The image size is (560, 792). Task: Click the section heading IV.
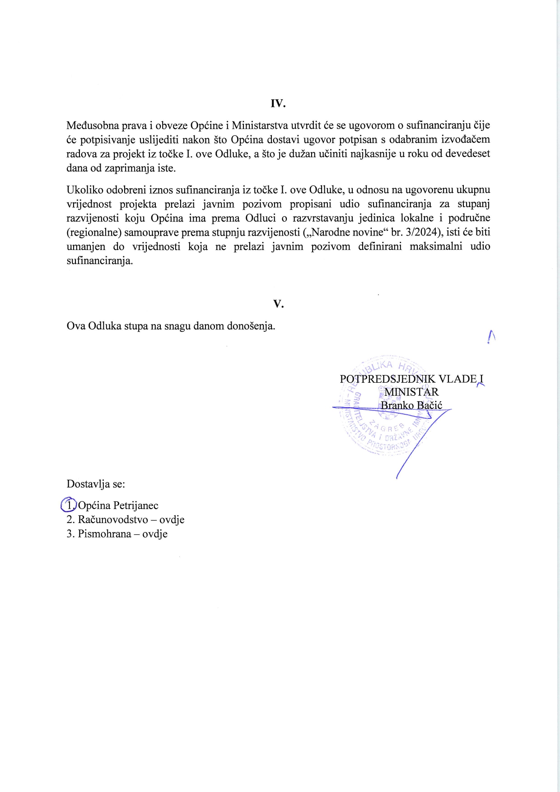pos(278,103)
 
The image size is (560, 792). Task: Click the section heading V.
pos(278,304)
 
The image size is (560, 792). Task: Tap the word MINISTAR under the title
pos(411,392)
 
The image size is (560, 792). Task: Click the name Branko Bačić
pos(411,405)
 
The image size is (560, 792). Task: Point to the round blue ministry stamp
pos(384,408)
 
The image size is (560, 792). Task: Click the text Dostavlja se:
pos(96,484)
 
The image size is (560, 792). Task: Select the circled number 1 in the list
pos(69,505)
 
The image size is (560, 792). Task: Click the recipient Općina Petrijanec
pos(118,505)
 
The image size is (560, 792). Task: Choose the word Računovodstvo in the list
pos(113,519)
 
